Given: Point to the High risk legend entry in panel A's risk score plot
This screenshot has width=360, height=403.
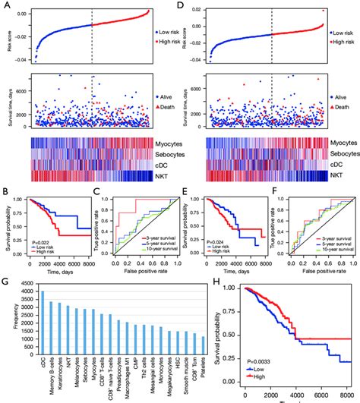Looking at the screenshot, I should click(166, 43).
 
